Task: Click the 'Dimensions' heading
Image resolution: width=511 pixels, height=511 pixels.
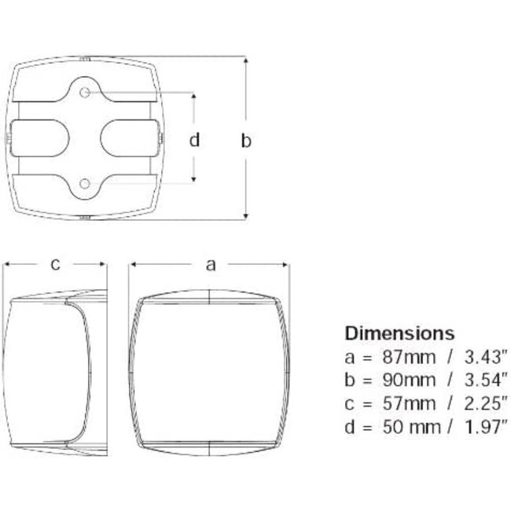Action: tap(399, 333)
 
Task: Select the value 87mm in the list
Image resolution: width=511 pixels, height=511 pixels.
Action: tap(409, 357)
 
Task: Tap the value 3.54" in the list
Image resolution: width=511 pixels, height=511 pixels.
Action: tap(486, 380)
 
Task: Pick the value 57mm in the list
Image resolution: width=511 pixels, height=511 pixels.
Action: tap(409, 403)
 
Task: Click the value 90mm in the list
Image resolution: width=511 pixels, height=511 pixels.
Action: tap(409, 380)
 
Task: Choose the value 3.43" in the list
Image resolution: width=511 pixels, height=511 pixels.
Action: tap(486, 357)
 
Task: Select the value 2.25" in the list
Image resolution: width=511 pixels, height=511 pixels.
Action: tap(486, 403)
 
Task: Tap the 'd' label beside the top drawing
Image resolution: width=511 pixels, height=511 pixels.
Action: tap(194, 140)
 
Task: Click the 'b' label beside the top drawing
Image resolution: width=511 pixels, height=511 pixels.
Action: tap(246, 141)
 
